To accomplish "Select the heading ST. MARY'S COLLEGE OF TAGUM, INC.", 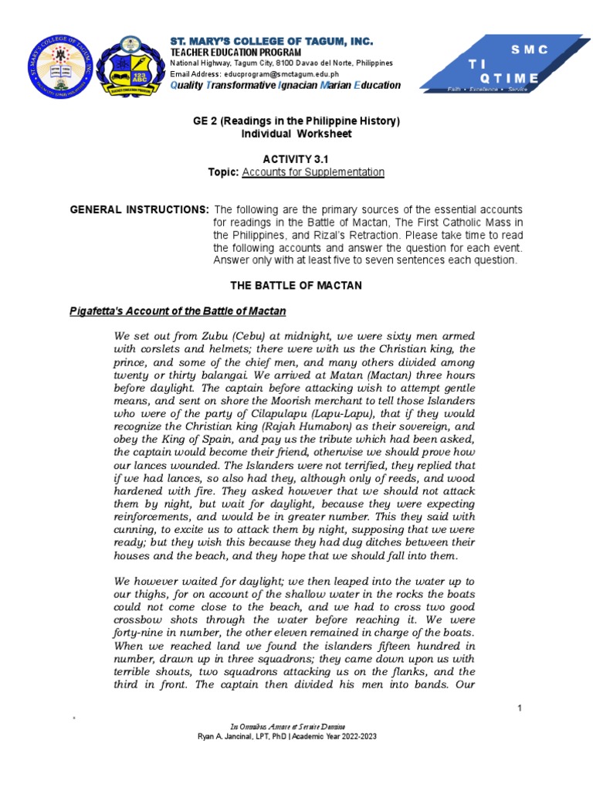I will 271,40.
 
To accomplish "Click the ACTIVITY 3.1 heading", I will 296,158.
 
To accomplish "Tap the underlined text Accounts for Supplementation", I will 313,171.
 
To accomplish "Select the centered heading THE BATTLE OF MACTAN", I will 296,286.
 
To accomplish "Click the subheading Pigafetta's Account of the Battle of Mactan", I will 178,311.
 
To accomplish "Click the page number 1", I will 520,708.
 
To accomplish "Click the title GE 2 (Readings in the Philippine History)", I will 296,122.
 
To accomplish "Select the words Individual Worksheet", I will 296,134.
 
